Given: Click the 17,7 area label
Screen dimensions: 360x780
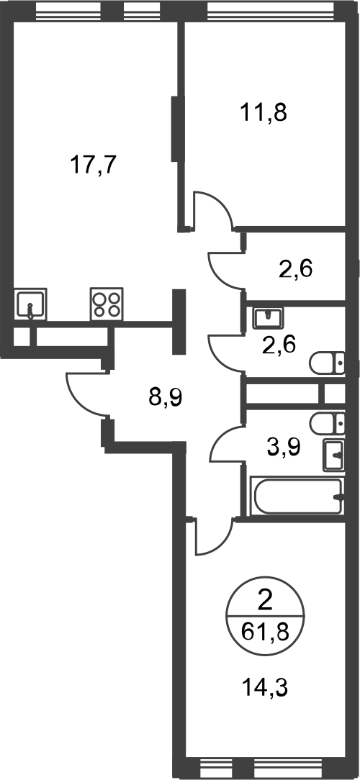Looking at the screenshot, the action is coord(93,165).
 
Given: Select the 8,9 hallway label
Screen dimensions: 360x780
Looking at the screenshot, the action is coord(166,397).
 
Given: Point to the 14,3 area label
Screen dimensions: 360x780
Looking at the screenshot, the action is coord(266,689).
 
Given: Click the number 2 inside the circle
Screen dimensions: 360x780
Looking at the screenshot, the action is coord(265,603).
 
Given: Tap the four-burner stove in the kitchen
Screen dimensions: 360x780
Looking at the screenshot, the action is coord(107,304).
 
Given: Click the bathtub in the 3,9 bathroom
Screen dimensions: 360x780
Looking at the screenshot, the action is coord(297,496).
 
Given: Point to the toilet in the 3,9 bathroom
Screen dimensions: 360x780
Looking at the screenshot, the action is coord(327,423).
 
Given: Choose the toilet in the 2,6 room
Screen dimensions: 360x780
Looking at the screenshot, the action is coord(327,363).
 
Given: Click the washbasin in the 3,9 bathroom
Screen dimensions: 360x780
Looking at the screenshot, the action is coord(333,455).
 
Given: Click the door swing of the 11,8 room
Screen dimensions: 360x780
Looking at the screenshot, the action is coord(213,209).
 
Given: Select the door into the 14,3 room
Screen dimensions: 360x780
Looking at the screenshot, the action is coord(215,536).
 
